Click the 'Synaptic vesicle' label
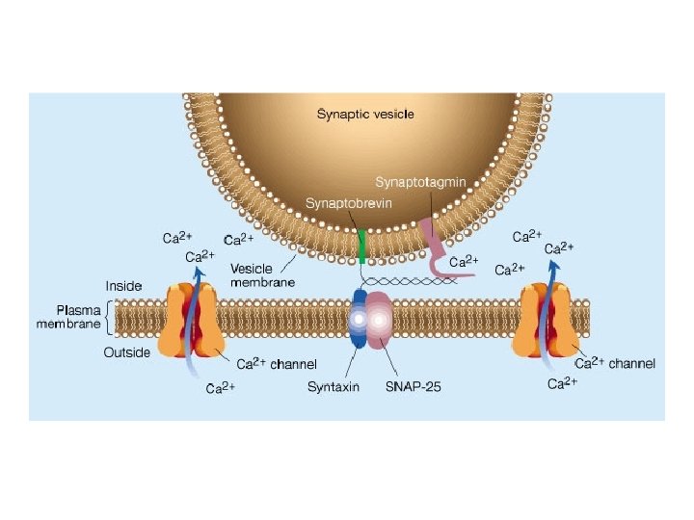coord(366,114)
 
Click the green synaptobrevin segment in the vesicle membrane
coord(361,246)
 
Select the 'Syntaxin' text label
coord(333,387)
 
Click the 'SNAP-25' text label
coord(412,387)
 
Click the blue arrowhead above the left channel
coord(200,271)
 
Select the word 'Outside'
coord(127,352)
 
